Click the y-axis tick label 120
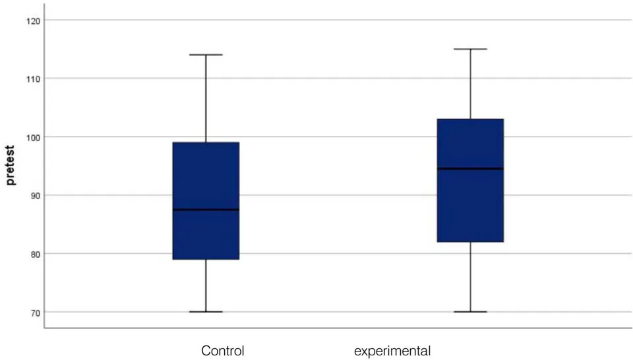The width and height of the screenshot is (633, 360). coord(34,20)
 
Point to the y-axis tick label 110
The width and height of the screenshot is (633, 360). coord(34,79)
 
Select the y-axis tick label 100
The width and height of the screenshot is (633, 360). coord(34,138)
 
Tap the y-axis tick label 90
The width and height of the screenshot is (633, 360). coord(36,196)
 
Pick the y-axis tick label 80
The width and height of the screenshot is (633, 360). coord(36,255)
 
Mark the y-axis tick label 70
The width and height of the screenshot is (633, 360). coord(36,313)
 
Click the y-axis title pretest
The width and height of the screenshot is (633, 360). coord(11,165)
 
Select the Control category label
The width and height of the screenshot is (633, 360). coord(223,351)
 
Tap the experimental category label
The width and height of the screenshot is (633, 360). coord(392,351)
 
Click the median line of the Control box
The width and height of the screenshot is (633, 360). coord(206,210)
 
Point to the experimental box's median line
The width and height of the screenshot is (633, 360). coord(470,169)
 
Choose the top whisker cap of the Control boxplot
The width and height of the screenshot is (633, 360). coord(206,55)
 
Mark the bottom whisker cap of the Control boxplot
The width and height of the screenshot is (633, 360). coord(206,312)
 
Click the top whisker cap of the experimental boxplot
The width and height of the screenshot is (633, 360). coord(470,49)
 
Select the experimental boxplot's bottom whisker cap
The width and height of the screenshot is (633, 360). coord(470,312)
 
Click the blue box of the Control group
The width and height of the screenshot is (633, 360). coord(206,200)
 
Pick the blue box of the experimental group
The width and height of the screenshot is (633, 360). coord(470,181)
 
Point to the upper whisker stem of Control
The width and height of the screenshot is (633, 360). coord(206,98)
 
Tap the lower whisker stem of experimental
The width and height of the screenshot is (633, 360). coord(470,277)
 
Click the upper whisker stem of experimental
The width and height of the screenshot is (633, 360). coord(470,84)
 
